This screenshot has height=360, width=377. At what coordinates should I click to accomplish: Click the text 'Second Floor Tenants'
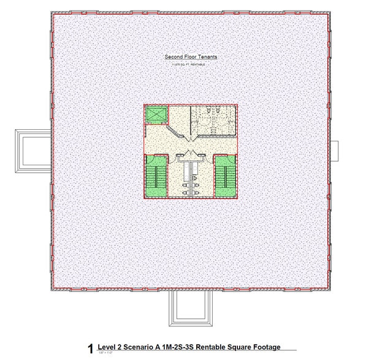tap(191, 58)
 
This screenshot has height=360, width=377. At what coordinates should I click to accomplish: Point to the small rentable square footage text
tap(191, 64)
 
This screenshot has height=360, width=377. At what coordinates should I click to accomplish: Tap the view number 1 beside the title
tap(91, 350)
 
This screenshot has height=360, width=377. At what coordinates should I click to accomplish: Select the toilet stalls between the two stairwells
tap(191, 177)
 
